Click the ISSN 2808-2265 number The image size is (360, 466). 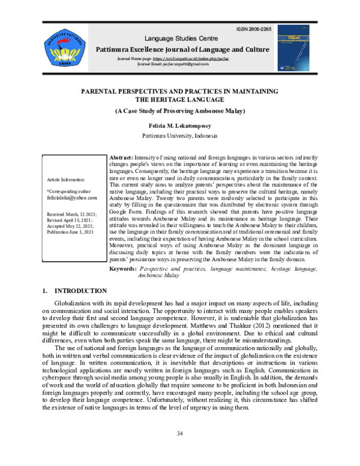click(x=255, y=29)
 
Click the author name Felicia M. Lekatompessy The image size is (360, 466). click(x=179, y=127)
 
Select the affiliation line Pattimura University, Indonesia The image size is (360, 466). click(x=179, y=137)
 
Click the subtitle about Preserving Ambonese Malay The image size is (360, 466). click(x=179, y=112)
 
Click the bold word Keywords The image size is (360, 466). click(x=123, y=270)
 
